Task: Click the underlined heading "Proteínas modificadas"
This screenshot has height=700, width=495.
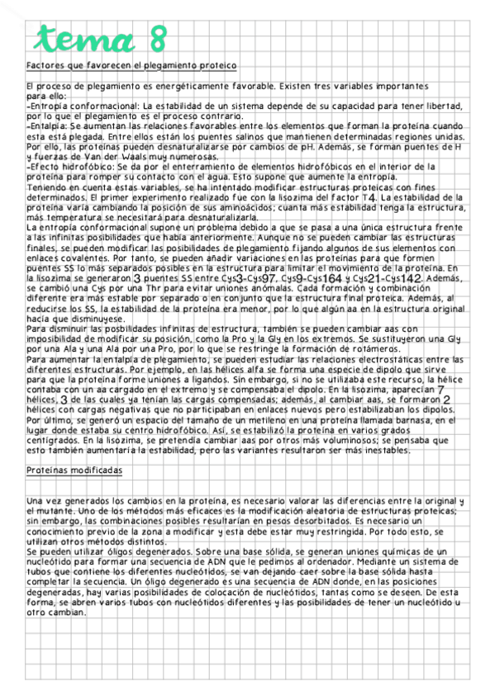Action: pos(74,470)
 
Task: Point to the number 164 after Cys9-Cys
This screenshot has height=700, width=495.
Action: pos(332,280)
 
